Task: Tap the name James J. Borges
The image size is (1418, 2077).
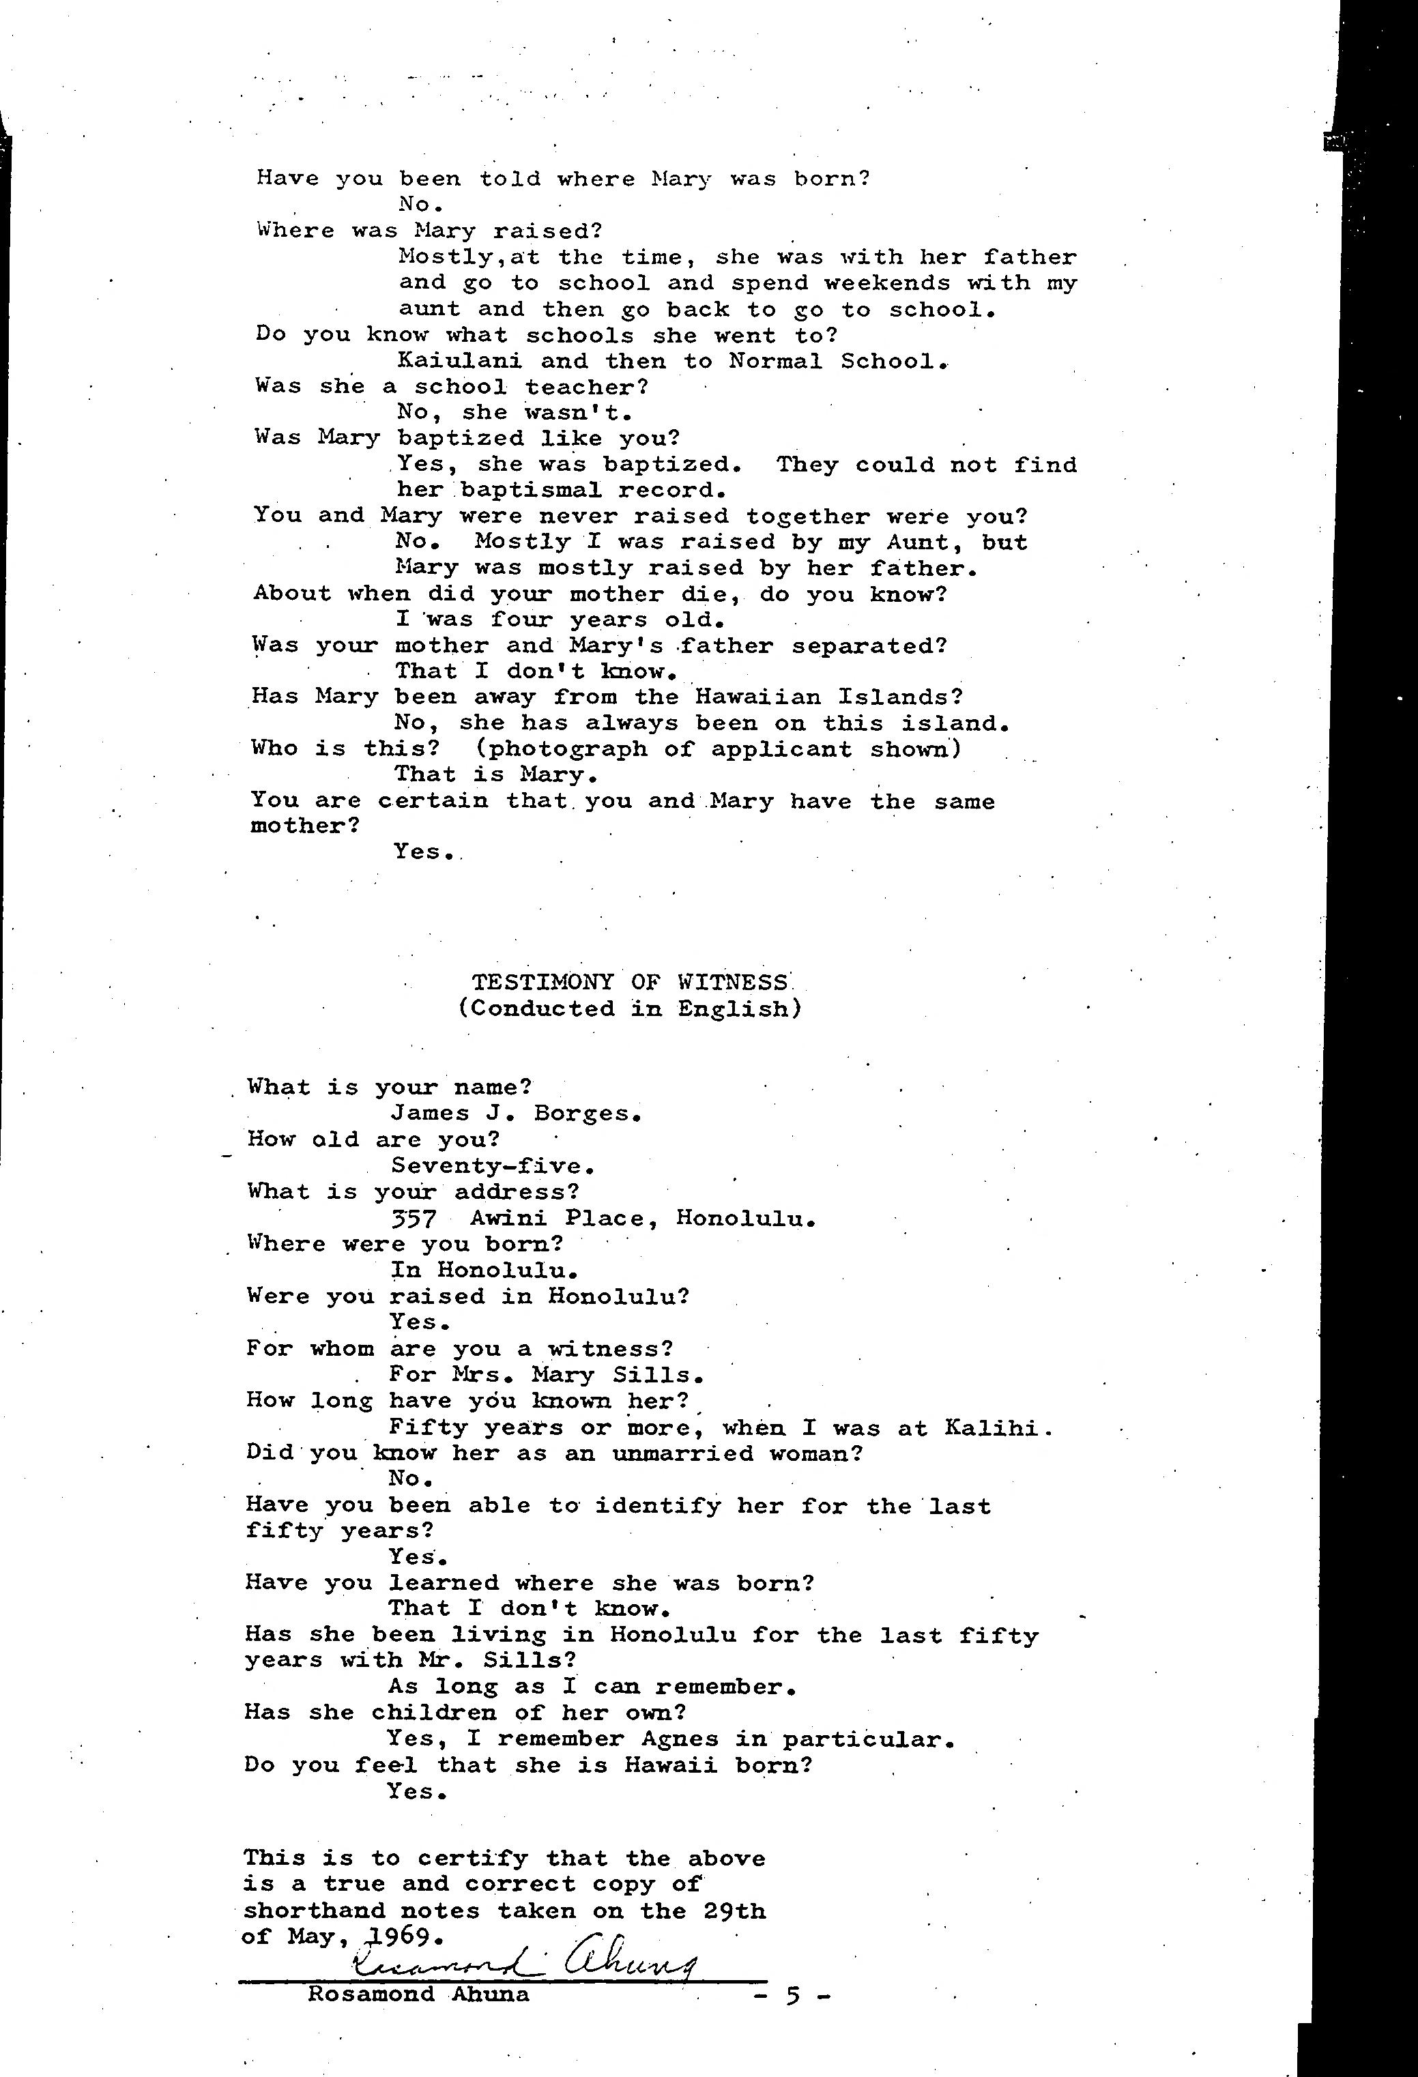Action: (516, 1114)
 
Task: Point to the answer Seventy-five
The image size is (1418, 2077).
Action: (493, 1166)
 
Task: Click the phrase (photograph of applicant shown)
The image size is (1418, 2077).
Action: (719, 749)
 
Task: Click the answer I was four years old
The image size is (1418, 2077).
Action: (559, 620)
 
